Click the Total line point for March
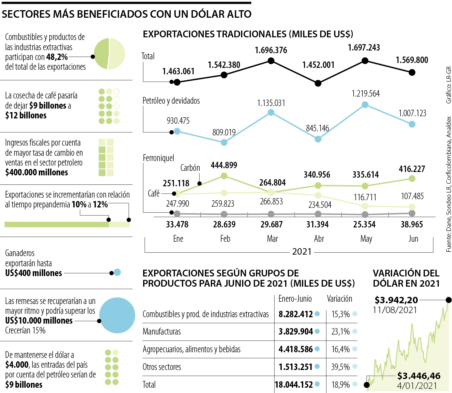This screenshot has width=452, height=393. (271, 61)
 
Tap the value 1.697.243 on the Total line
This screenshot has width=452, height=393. (364, 48)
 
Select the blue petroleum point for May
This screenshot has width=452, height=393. (365, 105)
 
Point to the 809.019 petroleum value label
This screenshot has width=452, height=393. (224, 132)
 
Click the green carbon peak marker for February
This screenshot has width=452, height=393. (224, 176)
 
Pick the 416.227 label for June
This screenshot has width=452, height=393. (412, 169)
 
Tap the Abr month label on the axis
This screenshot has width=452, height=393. (319, 239)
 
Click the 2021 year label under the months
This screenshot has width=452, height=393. (302, 252)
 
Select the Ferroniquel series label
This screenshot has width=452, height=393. (159, 158)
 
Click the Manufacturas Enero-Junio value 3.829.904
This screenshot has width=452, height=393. (296, 332)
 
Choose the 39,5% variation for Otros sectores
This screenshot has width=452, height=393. (341, 367)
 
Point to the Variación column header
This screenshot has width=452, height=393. (339, 299)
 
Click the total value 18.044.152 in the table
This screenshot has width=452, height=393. (294, 385)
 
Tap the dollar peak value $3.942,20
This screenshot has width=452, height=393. (396, 300)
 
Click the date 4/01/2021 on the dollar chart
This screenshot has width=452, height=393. (417, 386)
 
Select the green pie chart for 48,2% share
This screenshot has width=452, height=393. (109, 54)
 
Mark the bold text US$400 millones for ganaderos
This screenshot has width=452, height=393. (34, 273)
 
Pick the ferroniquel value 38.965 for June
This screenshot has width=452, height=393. (412, 224)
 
